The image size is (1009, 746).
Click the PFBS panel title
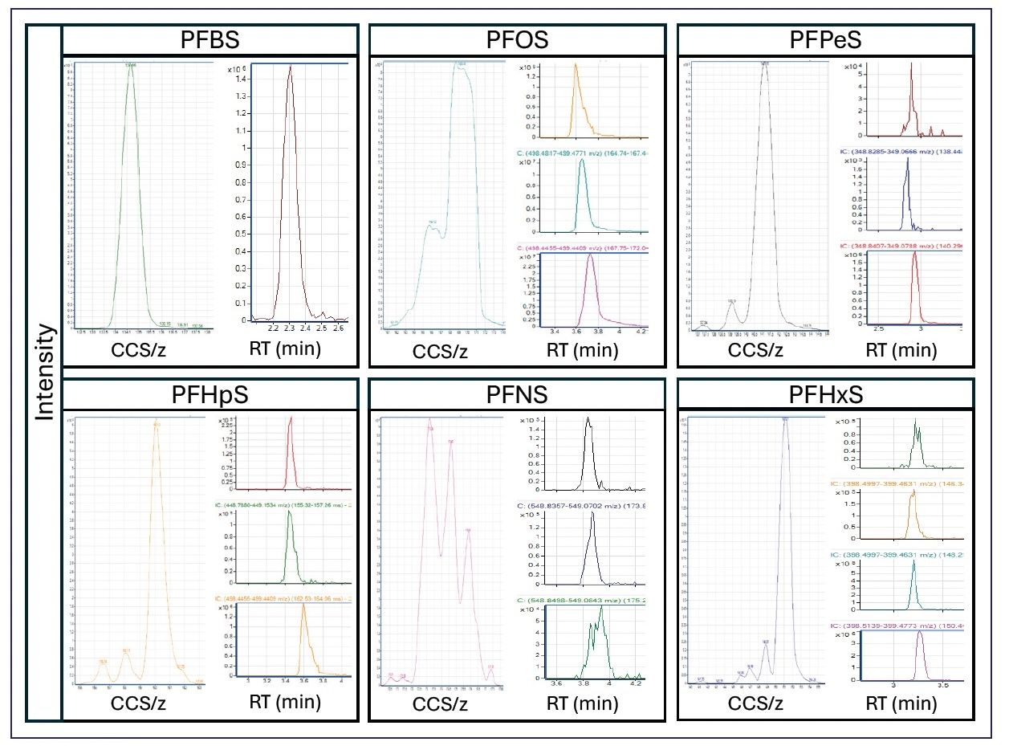click(210, 39)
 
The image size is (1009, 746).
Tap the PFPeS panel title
click(824, 39)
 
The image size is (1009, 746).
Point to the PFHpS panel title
click(210, 396)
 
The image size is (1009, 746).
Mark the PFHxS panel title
click(824, 396)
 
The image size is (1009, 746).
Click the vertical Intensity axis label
click(45, 371)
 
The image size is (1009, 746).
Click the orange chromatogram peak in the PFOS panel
click(575, 67)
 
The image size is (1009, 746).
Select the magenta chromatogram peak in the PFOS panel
click(590, 256)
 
